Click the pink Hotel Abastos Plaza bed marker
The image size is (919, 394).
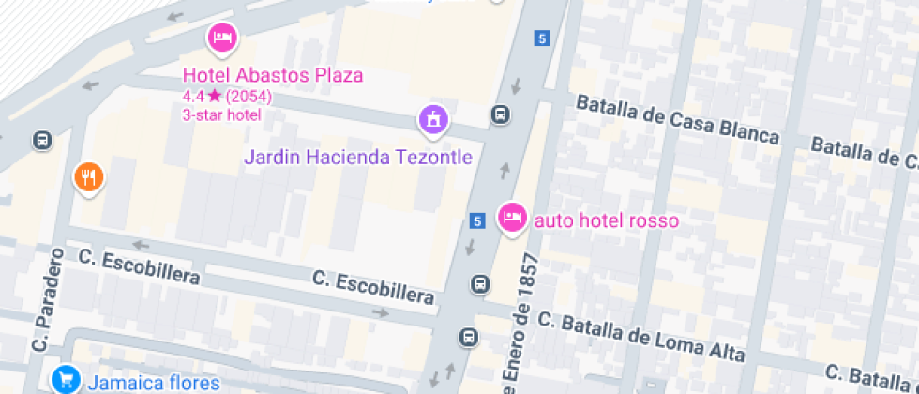click(222, 38)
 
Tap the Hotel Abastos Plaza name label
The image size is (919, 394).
click(273, 75)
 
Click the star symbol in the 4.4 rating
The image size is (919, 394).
click(215, 96)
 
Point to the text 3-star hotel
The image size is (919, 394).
click(221, 115)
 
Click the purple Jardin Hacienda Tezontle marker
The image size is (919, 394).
click(433, 118)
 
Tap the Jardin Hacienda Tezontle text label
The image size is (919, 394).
click(358, 157)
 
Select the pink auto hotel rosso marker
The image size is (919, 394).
click(511, 218)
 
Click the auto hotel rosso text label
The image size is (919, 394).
click(606, 221)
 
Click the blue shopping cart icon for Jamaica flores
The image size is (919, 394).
click(66, 380)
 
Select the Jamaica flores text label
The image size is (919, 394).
click(154, 383)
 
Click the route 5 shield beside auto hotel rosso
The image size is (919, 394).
click(478, 221)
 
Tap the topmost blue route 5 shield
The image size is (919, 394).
click(541, 38)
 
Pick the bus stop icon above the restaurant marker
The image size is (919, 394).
click(41, 141)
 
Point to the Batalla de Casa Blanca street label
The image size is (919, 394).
click(677, 120)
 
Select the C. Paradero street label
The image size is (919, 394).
click(50, 300)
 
